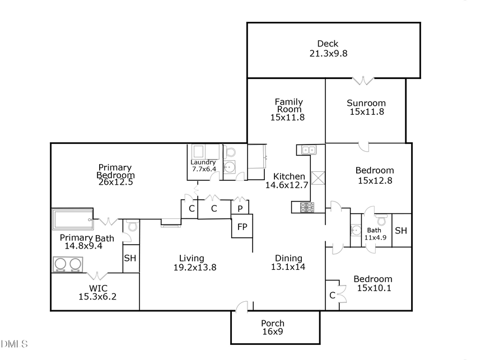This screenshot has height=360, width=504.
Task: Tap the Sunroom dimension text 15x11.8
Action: click(x=366, y=111)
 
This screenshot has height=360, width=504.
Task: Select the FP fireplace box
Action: click(x=242, y=227)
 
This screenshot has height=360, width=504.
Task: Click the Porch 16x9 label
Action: click(x=273, y=328)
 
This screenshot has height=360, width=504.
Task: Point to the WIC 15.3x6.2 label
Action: click(x=98, y=293)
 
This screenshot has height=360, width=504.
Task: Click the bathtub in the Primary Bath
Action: click(x=73, y=219)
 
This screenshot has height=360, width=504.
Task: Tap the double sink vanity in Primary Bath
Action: click(x=68, y=264)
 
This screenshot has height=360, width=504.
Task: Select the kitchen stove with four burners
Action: click(x=308, y=207)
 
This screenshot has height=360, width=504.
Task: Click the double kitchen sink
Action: click(x=308, y=149)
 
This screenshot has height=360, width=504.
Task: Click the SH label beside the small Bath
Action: click(x=401, y=231)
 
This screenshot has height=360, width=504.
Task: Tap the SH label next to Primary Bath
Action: click(x=130, y=258)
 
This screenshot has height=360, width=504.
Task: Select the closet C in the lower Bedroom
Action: click(x=332, y=295)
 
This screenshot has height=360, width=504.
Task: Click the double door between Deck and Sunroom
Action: click(x=363, y=81)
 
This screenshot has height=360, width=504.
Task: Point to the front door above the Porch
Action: click(x=242, y=307)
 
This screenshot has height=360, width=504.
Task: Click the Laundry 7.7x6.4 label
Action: click(x=203, y=165)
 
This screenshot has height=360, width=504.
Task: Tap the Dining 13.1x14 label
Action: click(x=288, y=263)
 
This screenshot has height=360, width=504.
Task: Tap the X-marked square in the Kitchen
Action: click(x=318, y=178)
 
